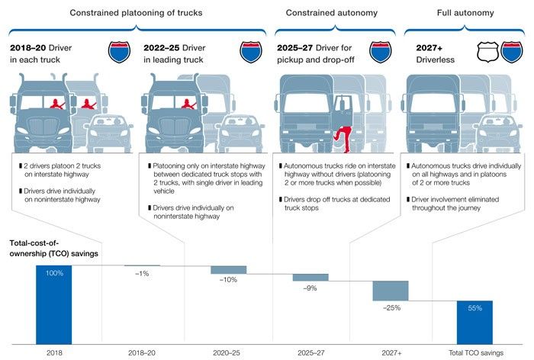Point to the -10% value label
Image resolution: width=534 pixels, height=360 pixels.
point(228,280)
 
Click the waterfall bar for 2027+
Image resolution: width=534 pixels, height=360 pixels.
point(391,291)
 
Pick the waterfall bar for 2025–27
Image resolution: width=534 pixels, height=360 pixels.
point(310,277)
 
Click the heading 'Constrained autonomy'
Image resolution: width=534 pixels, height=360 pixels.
point(330,13)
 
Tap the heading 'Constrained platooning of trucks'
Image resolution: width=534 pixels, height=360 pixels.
point(139,13)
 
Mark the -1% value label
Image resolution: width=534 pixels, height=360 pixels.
point(142,273)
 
